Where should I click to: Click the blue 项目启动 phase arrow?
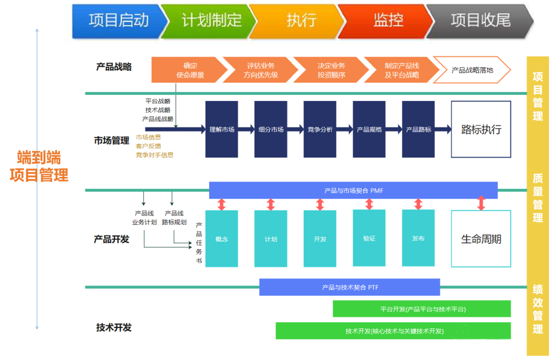coord(118,20)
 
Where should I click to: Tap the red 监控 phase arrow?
coord(388,20)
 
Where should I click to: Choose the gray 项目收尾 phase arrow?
coord(480,20)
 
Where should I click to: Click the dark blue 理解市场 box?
coord(221,130)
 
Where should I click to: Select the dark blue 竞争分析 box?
coord(320,130)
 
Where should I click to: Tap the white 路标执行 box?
coord(481,130)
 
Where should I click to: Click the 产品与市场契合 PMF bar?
coord(353,191)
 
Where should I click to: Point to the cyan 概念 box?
coord(221,239)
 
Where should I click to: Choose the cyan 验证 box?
coord(369,238)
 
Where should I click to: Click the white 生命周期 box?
coord(481,239)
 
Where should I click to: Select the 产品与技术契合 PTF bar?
coord(349,287)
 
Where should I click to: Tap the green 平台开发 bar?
coord(422,308)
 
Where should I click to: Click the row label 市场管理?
coord(112,141)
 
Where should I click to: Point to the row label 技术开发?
coord(114,327)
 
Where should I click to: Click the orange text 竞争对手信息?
coord(155,155)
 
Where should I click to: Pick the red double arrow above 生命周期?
coord(481,203)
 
